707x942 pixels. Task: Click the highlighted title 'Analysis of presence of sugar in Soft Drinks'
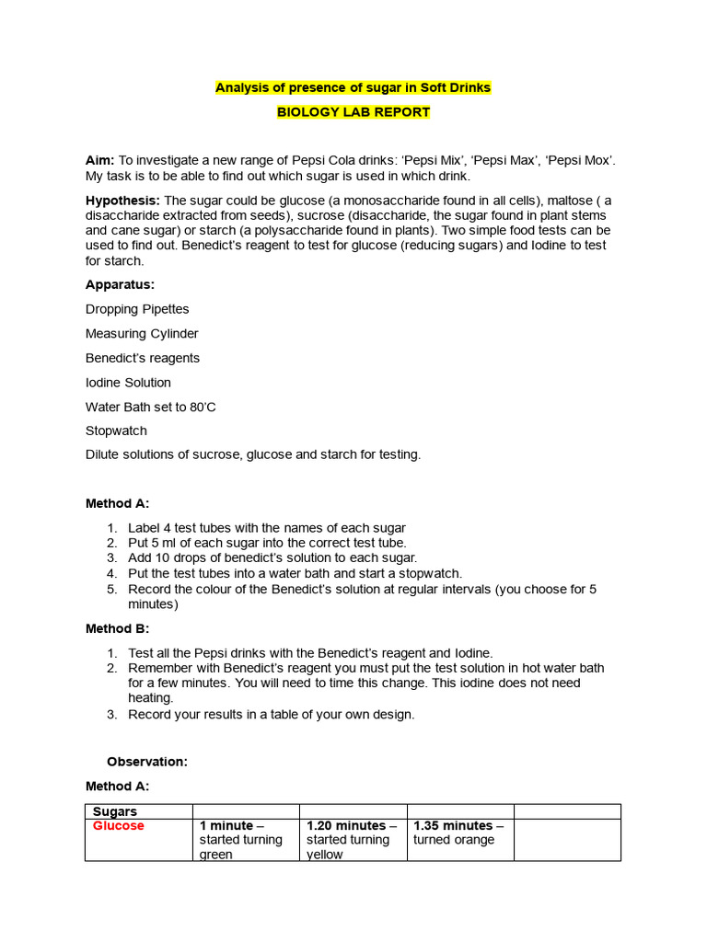(353, 88)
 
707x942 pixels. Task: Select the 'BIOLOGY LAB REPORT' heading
(353, 112)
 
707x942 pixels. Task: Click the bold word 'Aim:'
(99, 161)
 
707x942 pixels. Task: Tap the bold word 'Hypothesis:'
(122, 201)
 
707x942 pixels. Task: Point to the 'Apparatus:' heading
(120, 285)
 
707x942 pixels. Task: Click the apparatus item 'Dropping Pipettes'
(137, 309)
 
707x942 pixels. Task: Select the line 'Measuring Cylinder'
(142, 334)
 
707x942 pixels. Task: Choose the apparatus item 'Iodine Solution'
(128, 382)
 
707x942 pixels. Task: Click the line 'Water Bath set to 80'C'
(151, 407)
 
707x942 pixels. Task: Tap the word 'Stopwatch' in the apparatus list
(116, 431)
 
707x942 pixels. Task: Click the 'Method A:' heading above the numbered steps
(117, 504)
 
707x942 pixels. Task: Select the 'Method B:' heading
(117, 628)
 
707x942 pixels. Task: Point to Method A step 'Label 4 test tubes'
(266, 528)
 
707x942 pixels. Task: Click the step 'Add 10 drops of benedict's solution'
(272, 557)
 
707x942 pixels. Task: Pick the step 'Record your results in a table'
(271, 714)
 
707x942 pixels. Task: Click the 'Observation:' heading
(147, 762)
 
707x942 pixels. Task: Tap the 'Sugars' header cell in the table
(115, 811)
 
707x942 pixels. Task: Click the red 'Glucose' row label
(119, 826)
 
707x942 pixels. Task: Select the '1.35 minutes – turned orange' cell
(458, 833)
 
